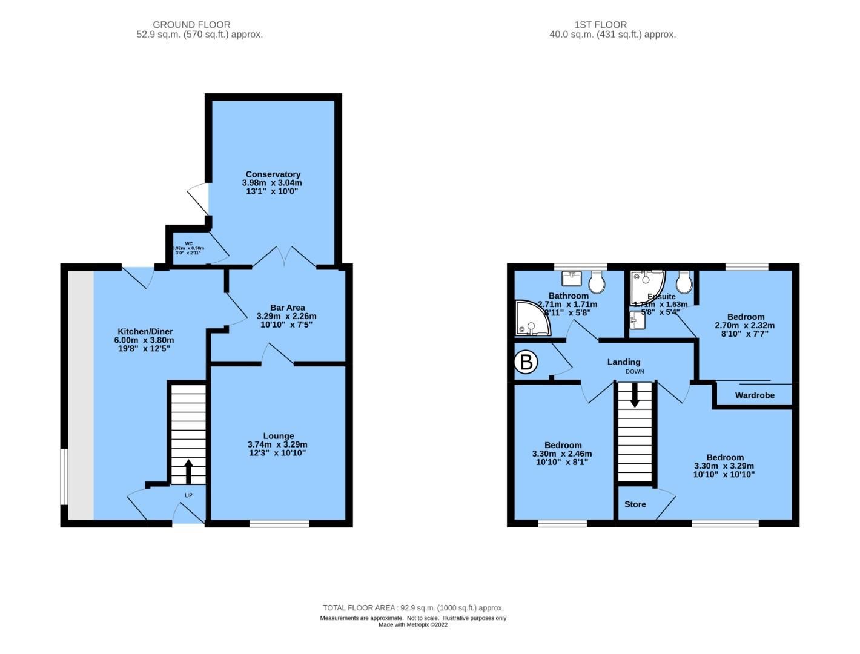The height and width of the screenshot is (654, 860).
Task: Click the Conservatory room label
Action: (273, 174)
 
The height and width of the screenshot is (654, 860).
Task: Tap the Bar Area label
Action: (287, 308)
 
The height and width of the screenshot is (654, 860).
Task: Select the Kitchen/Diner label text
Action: (145, 331)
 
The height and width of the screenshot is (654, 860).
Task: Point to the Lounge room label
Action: (278, 436)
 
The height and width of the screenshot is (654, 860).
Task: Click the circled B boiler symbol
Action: (526, 363)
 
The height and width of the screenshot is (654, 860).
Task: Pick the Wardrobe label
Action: (755, 395)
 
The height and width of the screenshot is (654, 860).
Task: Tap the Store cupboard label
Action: (635, 504)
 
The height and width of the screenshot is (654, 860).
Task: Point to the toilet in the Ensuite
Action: (684, 281)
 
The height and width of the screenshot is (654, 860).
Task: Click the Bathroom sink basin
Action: (571, 279)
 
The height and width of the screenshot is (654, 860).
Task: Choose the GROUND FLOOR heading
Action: (191, 25)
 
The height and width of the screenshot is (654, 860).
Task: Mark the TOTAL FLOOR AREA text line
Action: (413, 608)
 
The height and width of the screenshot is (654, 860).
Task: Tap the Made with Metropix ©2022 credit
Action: (413, 625)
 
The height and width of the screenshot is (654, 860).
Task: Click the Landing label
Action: (624, 362)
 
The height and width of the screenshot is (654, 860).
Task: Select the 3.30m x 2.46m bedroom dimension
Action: (561, 454)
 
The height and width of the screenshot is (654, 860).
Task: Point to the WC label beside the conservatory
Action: (189, 243)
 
